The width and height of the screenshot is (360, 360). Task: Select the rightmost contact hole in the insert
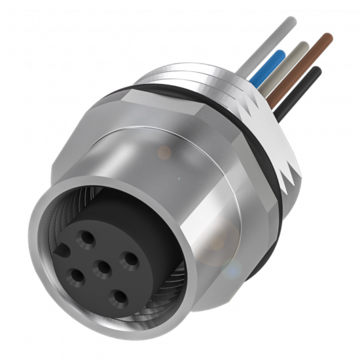point(131,259)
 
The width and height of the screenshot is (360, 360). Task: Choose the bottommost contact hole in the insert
point(120,297)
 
